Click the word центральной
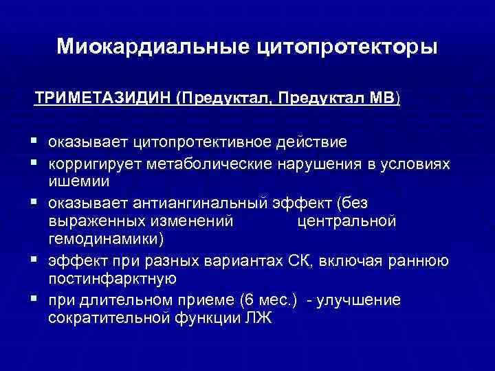[x=346, y=221]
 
